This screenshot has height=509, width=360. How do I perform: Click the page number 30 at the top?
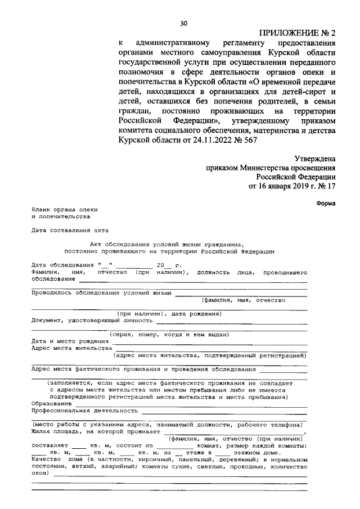point(183,23)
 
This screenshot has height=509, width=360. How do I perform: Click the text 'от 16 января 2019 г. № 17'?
point(292,186)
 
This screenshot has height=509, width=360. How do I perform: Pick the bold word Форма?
point(326,203)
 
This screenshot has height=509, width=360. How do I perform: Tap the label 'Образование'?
point(51,403)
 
